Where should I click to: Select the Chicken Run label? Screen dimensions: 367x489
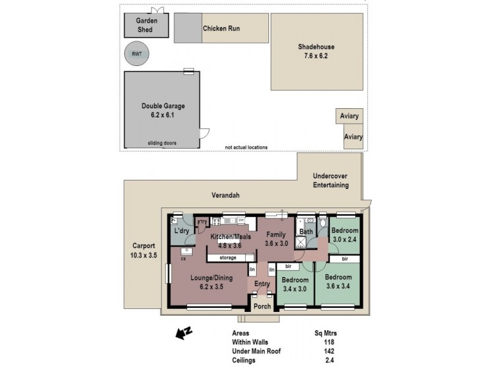(x=221, y=28)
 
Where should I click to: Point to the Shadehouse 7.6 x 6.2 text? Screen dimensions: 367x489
(x=316, y=51)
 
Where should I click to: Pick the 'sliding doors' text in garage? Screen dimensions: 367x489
(x=162, y=143)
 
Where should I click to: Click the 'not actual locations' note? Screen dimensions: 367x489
(x=246, y=147)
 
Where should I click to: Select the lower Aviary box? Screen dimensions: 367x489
(x=353, y=138)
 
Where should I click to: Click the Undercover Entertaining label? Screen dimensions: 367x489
(x=330, y=180)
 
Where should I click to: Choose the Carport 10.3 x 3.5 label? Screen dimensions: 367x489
(x=144, y=250)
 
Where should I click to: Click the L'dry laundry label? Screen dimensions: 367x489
(x=181, y=231)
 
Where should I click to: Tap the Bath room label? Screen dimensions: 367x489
(x=306, y=232)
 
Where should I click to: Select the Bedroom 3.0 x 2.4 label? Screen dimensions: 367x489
(x=345, y=235)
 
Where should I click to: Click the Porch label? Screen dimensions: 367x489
(x=262, y=306)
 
